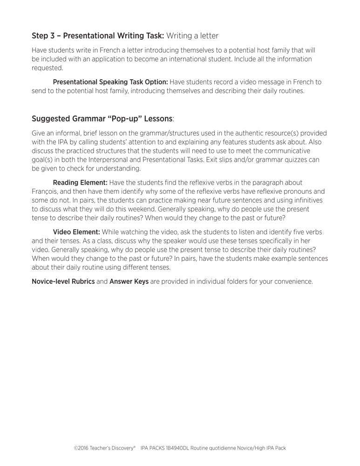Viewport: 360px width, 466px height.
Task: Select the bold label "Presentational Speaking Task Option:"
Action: point(110,82)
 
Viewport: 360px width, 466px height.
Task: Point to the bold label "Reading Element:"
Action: point(80,183)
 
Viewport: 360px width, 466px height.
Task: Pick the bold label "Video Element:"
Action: point(76,232)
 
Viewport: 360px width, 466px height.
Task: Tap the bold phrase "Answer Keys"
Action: point(129,281)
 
